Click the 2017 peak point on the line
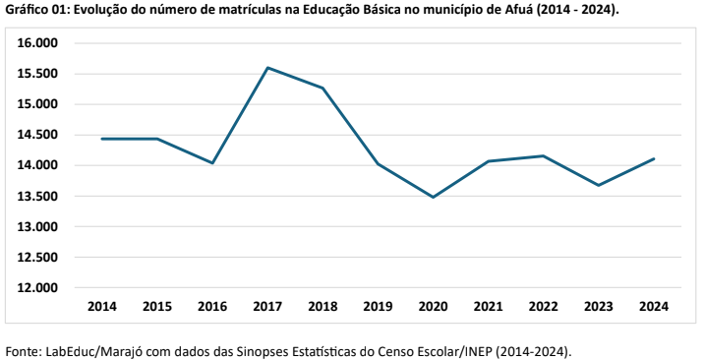pyautogui.click(x=267, y=68)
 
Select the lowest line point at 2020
pyautogui.click(x=434, y=197)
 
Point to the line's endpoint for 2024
pyautogui.click(x=654, y=159)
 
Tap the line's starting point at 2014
pyautogui.click(x=102, y=139)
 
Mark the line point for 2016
pyautogui.click(x=212, y=163)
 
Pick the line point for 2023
pyautogui.click(x=599, y=185)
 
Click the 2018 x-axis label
pyautogui.click(x=323, y=307)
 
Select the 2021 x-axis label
pyautogui.click(x=489, y=307)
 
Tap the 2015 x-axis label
pyautogui.click(x=157, y=307)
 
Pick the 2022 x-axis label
pyautogui.click(x=544, y=307)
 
